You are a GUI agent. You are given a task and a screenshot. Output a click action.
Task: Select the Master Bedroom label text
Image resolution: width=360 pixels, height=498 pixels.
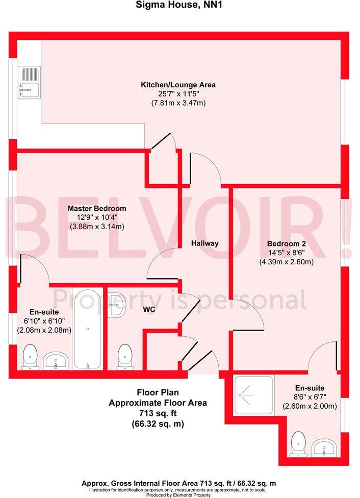click(x=97, y=209)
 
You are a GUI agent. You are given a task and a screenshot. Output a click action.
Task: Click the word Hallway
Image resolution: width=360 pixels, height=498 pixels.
click(x=205, y=243)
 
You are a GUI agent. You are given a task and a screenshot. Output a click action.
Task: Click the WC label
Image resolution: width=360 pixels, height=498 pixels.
click(x=149, y=310)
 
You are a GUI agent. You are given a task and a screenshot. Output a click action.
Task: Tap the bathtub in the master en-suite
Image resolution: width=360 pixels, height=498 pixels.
click(x=88, y=328)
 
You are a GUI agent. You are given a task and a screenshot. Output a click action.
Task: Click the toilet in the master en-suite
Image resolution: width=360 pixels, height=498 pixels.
click(x=31, y=356)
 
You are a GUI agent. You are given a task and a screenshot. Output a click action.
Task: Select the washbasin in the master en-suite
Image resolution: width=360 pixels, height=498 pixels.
click(x=56, y=361)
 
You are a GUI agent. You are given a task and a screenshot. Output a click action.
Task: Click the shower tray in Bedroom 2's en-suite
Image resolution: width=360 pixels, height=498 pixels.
click(x=254, y=393)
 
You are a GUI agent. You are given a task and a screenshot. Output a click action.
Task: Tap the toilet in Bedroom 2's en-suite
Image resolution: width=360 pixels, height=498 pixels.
click(x=298, y=444)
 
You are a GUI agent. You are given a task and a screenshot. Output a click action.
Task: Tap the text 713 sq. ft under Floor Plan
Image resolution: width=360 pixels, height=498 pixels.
click(x=158, y=413)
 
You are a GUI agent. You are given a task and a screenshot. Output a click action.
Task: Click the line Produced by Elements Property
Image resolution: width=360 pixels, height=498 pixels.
click(x=179, y=494)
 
